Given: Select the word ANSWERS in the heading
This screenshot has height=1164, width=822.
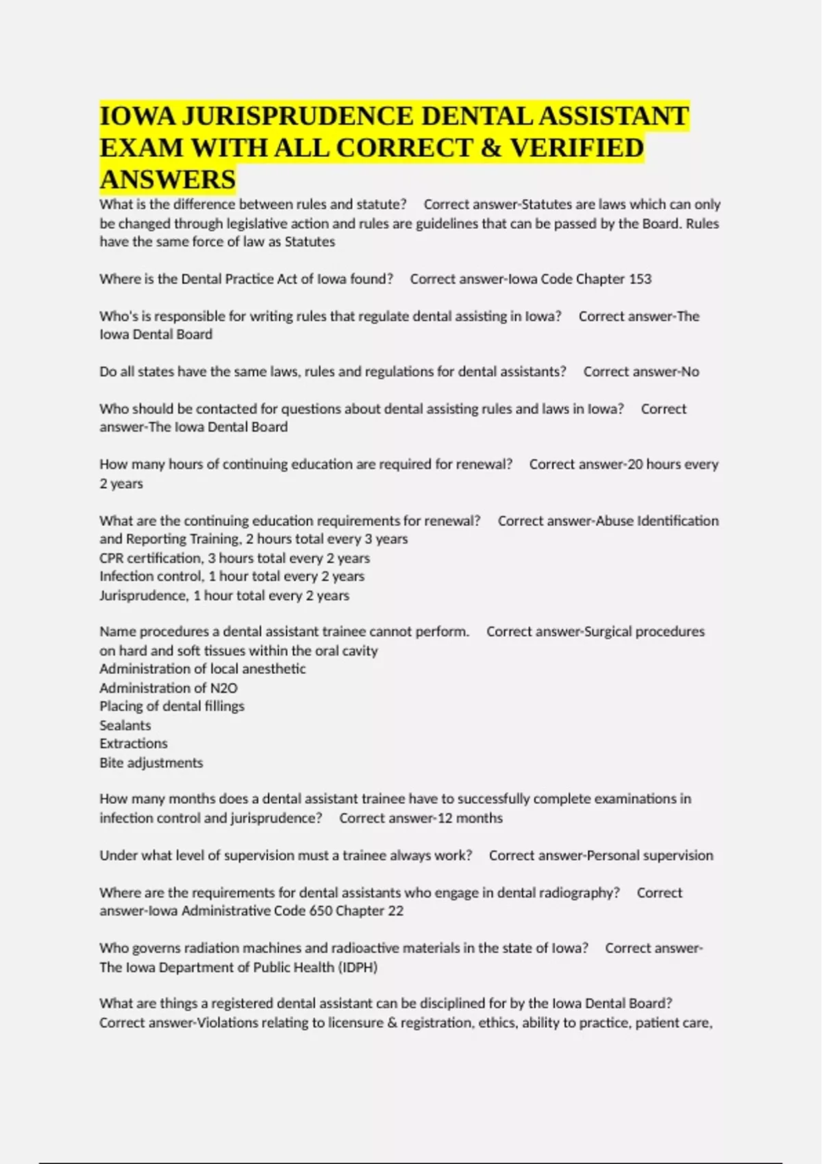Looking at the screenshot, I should (168, 180).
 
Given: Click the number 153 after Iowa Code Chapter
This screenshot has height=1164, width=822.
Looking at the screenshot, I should (640, 279).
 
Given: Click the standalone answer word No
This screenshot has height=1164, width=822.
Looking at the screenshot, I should (690, 372).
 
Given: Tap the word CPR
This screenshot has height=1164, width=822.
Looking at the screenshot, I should (112, 558).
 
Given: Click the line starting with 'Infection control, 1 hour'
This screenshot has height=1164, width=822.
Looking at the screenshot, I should (232, 577).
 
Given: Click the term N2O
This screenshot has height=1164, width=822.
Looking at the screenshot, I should (223, 688).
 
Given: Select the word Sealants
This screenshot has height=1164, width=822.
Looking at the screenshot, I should (125, 726).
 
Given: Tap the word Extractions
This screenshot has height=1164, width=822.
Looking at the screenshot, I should (134, 744).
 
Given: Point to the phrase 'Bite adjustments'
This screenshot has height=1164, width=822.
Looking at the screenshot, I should (151, 763).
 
